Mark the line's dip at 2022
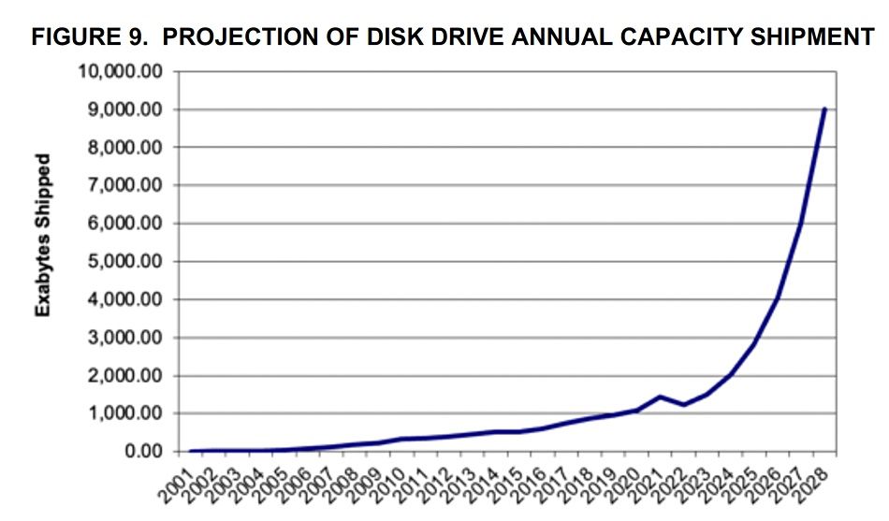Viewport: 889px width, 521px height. [x=683, y=405]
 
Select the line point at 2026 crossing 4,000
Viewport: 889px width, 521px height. [x=777, y=299]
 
